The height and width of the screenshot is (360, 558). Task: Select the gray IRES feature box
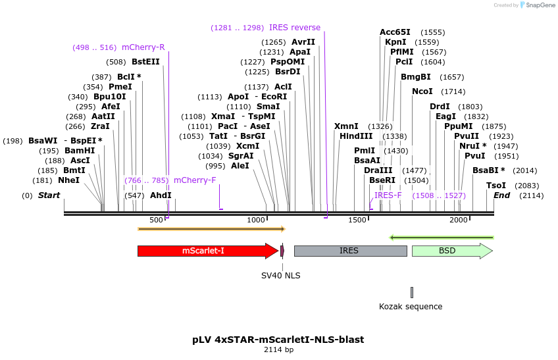pos(349,251)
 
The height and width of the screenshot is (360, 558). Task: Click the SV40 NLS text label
pos(281,276)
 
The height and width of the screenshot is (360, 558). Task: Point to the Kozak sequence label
pos(411,306)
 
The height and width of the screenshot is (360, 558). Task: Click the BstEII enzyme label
pos(145,62)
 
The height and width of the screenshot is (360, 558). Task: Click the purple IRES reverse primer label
pos(295,28)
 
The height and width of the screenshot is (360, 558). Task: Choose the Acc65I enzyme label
pos(395,32)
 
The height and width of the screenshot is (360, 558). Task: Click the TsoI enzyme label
pos(496,186)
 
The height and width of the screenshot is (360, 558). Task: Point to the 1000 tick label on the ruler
pos(257,220)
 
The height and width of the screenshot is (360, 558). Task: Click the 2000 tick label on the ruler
pos(459,220)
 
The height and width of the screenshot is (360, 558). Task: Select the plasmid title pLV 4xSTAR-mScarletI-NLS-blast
pos(278,340)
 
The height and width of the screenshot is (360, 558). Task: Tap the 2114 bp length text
pos(278,350)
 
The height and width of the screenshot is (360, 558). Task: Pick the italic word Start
pos(49,195)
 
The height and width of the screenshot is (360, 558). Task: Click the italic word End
pos(501,195)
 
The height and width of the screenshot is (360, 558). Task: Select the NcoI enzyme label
pos(422,91)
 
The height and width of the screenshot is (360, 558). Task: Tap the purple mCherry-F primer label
pos(195,180)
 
